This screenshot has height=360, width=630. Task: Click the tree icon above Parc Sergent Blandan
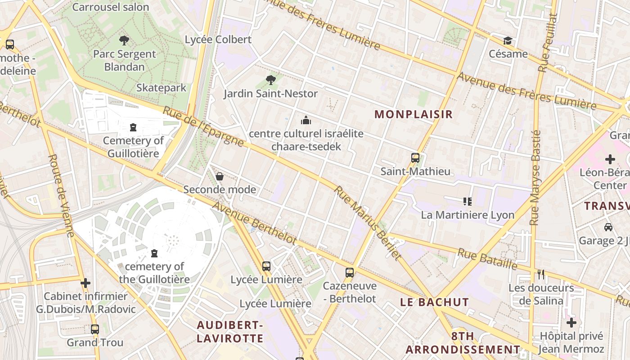124,40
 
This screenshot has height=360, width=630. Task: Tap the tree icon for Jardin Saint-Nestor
270,80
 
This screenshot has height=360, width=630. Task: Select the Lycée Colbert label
218,40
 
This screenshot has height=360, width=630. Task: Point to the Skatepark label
161,88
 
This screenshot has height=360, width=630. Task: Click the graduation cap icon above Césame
508,41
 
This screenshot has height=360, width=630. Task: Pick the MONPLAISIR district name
414,114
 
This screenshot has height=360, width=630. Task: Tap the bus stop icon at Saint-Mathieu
415,158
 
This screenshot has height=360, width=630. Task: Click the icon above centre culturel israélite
306,120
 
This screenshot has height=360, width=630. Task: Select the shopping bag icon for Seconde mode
220,176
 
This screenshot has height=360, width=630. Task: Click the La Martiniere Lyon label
468,215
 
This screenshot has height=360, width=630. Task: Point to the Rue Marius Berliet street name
367,223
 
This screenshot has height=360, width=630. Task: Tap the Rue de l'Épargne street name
203,127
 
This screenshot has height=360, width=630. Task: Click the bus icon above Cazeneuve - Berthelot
349,272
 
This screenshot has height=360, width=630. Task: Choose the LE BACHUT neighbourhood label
435,302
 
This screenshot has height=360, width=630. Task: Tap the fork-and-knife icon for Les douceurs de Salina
541,274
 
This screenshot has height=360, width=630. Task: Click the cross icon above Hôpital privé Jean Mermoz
571,323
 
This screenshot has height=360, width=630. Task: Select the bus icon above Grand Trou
94,329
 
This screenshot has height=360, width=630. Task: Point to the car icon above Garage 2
608,227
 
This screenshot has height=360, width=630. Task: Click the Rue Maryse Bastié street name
535,178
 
